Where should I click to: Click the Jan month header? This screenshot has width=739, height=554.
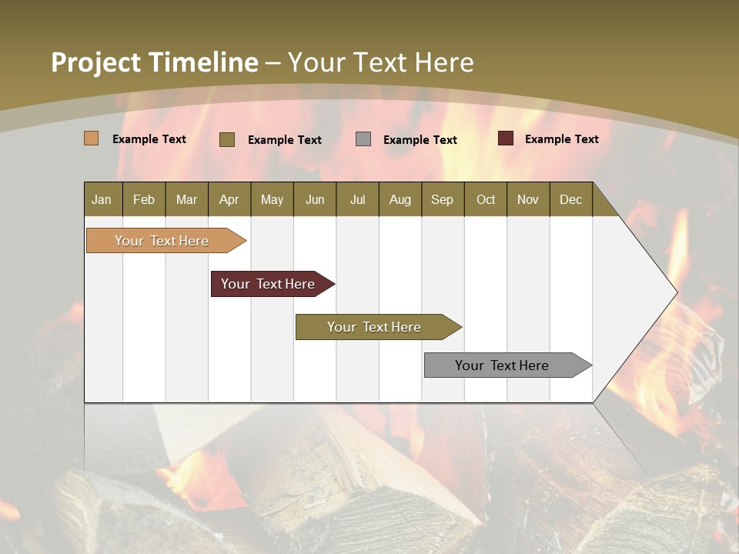[x=102, y=199]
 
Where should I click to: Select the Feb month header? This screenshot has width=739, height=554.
[x=144, y=199]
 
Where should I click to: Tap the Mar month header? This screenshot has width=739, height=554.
[x=186, y=199]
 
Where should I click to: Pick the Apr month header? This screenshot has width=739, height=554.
[x=229, y=199]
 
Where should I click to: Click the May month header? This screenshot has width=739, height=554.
[x=272, y=199]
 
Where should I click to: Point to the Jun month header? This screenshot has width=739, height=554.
[x=315, y=199]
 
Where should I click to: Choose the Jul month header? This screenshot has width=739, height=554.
[x=357, y=199]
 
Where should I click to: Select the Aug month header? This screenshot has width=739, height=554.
[x=400, y=199]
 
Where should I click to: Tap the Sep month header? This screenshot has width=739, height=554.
[x=443, y=199]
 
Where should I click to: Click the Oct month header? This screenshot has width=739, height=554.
[x=486, y=199]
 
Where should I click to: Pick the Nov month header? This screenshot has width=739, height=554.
[x=528, y=199]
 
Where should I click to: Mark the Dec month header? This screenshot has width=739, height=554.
[x=571, y=199]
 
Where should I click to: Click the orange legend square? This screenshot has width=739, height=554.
[x=92, y=138]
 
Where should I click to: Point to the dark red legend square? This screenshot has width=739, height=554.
[x=506, y=138]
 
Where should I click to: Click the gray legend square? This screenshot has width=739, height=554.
[x=363, y=138]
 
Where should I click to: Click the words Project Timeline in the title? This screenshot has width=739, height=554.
[x=155, y=62]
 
